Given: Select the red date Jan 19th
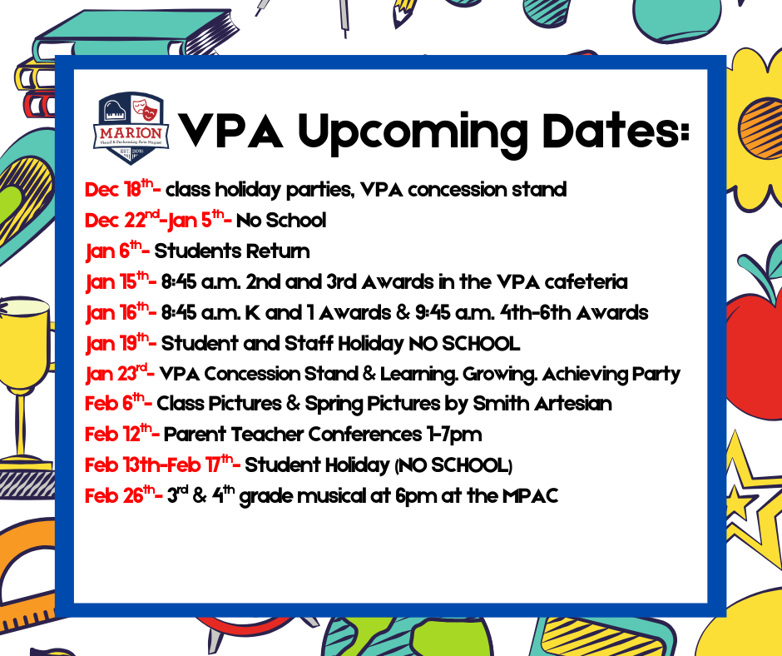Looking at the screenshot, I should [117, 343].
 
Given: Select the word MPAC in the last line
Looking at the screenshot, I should [530, 496].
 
